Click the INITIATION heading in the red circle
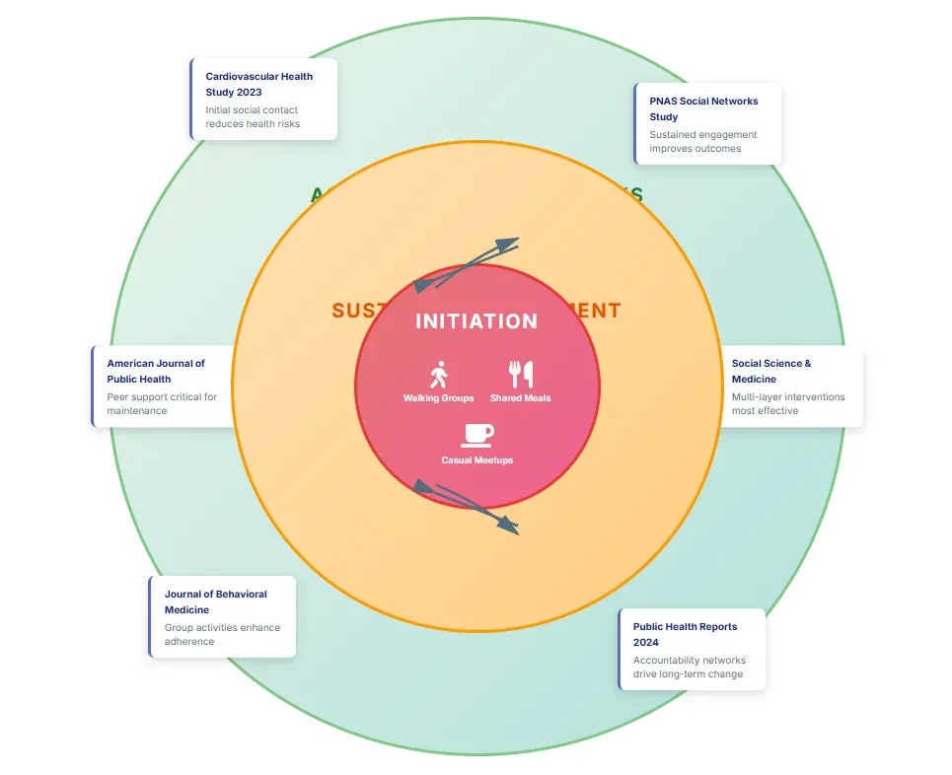coord(476,321)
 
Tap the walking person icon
coord(439,375)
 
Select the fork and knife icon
coord(521,375)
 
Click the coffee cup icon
coord(477,435)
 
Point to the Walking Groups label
coord(439,398)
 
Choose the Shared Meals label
coord(521,398)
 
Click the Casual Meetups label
coord(477,460)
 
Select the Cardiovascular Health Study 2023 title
coord(259,84)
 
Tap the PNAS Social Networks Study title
coord(703,108)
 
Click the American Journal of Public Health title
coord(156,371)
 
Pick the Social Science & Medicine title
coord(771,371)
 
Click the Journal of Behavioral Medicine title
coord(215,601)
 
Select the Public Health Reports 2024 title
coord(685,634)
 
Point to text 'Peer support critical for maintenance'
coord(162,403)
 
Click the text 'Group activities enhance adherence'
coord(222,634)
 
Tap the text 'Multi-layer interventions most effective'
coord(788,403)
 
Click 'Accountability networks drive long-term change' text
coord(689,668)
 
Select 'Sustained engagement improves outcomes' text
coord(702,141)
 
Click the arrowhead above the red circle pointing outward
coord(507,244)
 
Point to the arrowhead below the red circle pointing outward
coord(507,528)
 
